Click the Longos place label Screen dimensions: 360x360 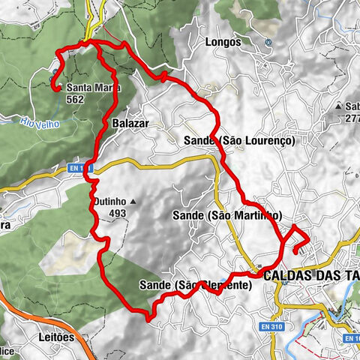(223, 43)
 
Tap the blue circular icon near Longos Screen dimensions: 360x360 (268, 43)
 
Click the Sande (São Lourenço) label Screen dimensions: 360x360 (239, 140)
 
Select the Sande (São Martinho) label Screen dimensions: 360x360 (226, 215)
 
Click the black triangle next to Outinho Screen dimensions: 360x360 (133, 202)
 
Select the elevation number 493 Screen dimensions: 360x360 (116, 214)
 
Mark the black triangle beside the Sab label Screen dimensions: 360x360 (339, 106)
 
